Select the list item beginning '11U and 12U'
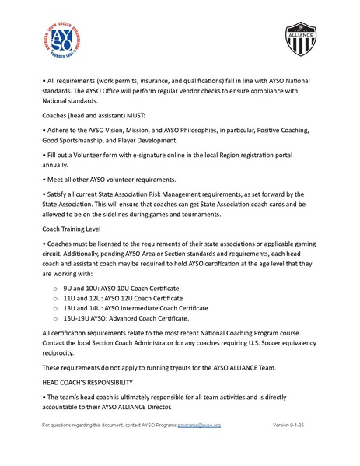[124, 298]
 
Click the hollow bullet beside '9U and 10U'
[54, 289]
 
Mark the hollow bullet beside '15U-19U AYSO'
[54, 319]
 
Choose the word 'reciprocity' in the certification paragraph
[59, 352]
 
